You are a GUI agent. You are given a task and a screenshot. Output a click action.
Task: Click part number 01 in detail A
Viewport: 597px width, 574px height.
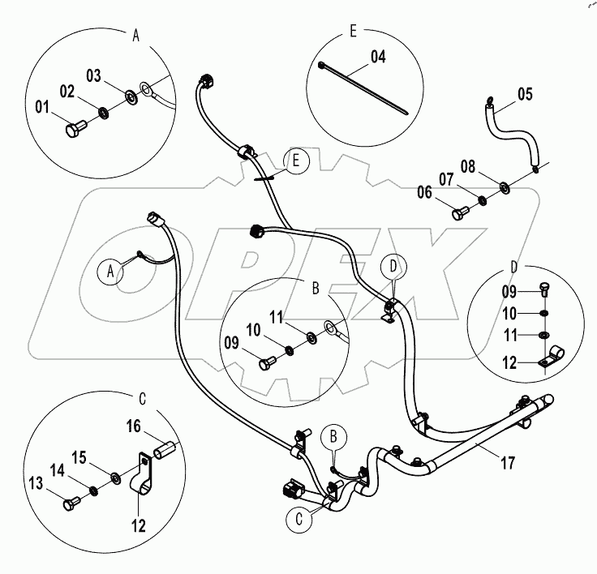point(41,106)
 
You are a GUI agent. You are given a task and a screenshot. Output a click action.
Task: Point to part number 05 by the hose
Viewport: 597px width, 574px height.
point(524,94)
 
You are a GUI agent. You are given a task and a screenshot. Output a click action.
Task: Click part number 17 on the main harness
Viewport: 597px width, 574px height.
point(509,465)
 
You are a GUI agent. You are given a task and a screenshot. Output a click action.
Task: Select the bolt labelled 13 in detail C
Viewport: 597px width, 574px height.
point(71,502)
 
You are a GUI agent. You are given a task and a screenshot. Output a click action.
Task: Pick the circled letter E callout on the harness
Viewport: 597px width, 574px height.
point(296,161)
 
